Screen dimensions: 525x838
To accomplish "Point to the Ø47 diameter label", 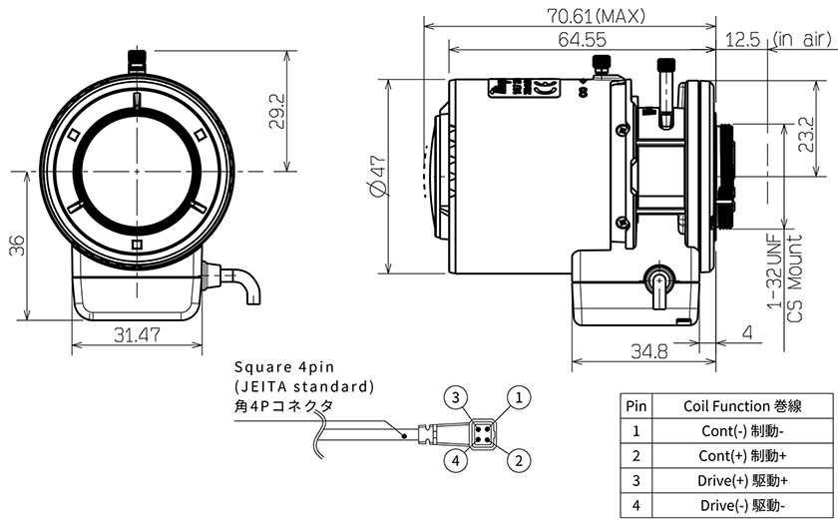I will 375,176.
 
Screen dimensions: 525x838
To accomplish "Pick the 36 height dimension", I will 17,247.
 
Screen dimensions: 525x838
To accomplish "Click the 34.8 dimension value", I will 649,351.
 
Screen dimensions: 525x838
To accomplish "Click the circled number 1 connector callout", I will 517,398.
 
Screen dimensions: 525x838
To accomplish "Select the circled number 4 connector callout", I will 455,460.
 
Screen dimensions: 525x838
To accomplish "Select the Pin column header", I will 635,406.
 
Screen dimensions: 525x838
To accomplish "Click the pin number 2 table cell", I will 635,455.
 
